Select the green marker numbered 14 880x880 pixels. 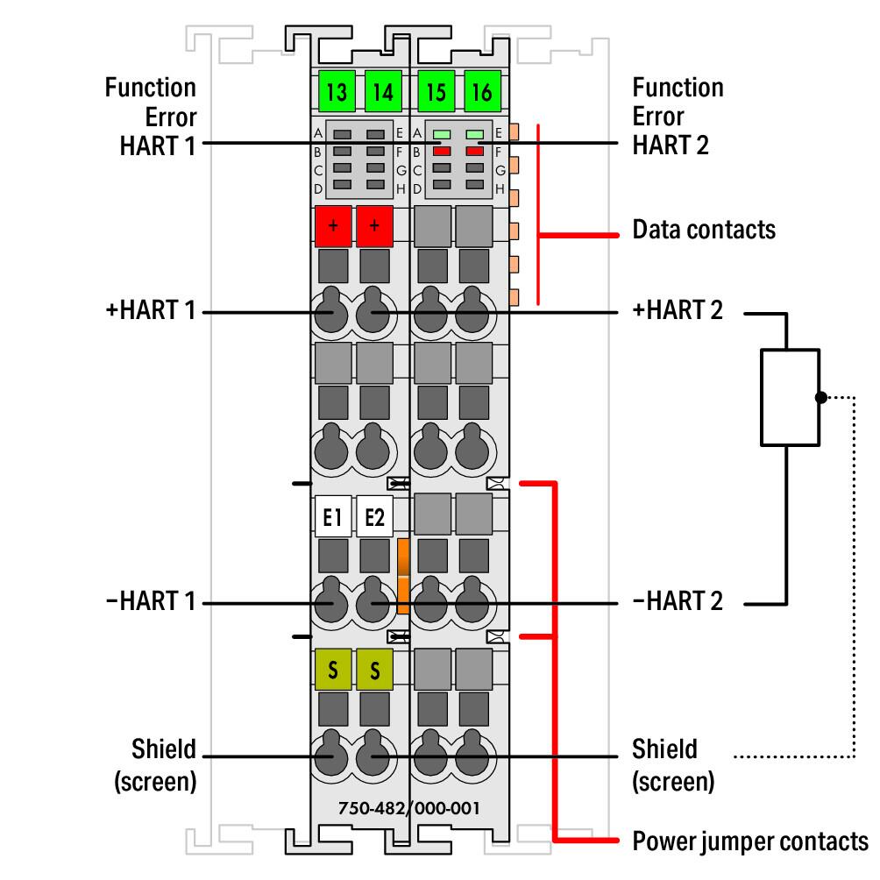[x=382, y=91]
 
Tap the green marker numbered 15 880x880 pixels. [x=436, y=91]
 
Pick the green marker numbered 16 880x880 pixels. [x=481, y=91]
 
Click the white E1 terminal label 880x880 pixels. [x=332, y=518]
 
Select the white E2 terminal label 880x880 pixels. [x=374, y=518]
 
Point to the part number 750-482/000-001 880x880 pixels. [x=410, y=807]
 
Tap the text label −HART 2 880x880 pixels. [x=678, y=601]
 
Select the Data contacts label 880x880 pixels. [x=704, y=230]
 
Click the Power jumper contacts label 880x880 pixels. [x=749, y=841]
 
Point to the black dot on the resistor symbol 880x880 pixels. [x=820, y=397]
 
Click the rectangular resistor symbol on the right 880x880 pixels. [x=790, y=397]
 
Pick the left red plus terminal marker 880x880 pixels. [x=332, y=226]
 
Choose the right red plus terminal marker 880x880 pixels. [x=374, y=226]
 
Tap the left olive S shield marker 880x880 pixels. [x=332, y=671]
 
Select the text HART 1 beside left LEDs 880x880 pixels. [x=158, y=145]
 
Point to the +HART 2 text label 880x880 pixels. [x=678, y=310]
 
